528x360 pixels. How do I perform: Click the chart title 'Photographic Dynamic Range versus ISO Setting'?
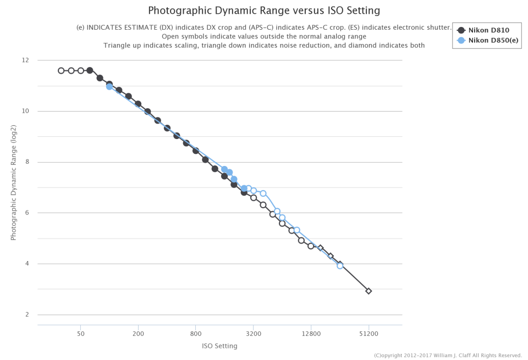click(x=264, y=10)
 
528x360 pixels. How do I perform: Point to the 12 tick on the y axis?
click(x=25, y=60)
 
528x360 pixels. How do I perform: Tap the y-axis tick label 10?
click(x=25, y=111)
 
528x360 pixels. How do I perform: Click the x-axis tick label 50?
click(x=81, y=333)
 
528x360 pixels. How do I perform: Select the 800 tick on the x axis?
click(x=196, y=333)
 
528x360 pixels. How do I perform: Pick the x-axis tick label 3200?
click(x=254, y=333)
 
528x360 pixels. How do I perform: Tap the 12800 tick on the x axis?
click(x=311, y=333)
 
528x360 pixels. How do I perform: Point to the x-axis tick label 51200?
click(x=369, y=333)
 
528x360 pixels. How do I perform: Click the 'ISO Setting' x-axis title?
click(x=219, y=346)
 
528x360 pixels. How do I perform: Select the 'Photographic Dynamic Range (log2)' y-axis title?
click(x=14, y=182)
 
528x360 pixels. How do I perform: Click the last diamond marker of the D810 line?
click(x=369, y=291)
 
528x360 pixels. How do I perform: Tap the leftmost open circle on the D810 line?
click(x=61, y=70)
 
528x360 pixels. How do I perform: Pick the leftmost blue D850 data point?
click(x=109, y=86)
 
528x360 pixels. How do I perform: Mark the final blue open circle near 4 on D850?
click(x=340, y=265)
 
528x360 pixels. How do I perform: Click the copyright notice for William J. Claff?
click(x=448, y=356)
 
